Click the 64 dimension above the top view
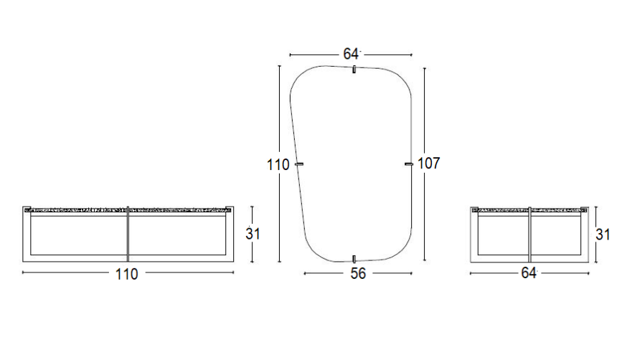pos(351,54)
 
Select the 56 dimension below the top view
pos(358,273)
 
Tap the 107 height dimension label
pos(429,163)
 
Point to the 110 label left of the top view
pos(278,165)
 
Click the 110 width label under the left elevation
pos(127,274)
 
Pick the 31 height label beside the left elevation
pos(253,234)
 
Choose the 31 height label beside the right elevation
pos(603,235)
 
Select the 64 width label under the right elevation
pos(529,273)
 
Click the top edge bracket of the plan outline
pos(354,69)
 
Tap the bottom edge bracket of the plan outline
pos(354,259)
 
